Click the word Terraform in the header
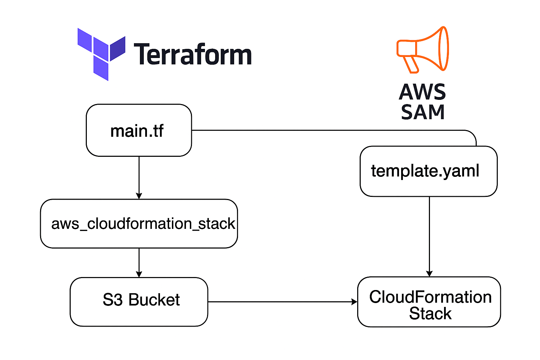click(x=193, y=54)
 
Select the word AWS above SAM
click(x=423, y=92)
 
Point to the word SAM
click(x=423, y=112)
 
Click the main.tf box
click(x=139, y=130)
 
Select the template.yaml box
click(x=428, y=171)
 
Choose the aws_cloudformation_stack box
click(x=139, y=224)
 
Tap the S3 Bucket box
click(x=139, y=302)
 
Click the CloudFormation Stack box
click(x=429, y=302)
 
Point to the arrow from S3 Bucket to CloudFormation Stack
click(x=281, y=302)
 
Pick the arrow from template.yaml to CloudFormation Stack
click(x=429, y=236)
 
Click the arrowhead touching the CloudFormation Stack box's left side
click(x=354, y=302)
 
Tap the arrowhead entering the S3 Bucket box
click(x=139, y=274)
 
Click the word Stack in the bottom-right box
click(x=430, y=314)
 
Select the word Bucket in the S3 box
click(x=154, y=300)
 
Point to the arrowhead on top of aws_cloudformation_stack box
click(x=139, y=196)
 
